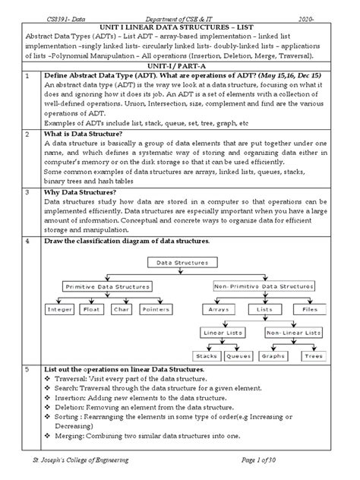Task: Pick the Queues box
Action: (238, 355)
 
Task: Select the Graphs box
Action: (273, 355)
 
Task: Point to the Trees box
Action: (313, 355)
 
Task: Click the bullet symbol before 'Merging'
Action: (49, 436)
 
